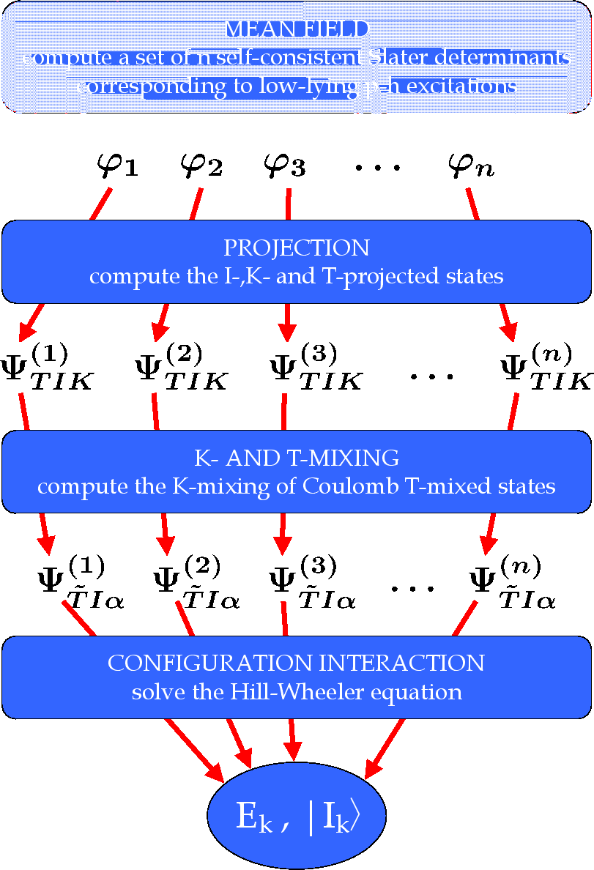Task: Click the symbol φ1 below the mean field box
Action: pyautogui.click(x=117, y=167)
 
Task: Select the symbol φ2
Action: pyautogui.click(x=201, y=167)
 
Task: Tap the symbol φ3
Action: pyautogui.click(x=285, y=167)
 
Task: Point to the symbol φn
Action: pyautogui.click(x=471, y=167)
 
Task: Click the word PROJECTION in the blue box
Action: pyautogui.click(x=297, y=248)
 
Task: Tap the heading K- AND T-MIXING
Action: pyautogui.click(x=297, y=458)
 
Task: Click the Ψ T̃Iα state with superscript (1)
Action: pyautogui.click(x=81, y=583)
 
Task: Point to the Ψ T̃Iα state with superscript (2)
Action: pyautogui.click(x=196, y=583)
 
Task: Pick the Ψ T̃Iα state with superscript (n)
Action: pyautogui.click(x=512, y=583)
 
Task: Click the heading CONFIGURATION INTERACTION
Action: pyautogui.click(x=296, y=663)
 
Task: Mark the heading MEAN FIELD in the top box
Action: pyautogui.click(x=296, y=29)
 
